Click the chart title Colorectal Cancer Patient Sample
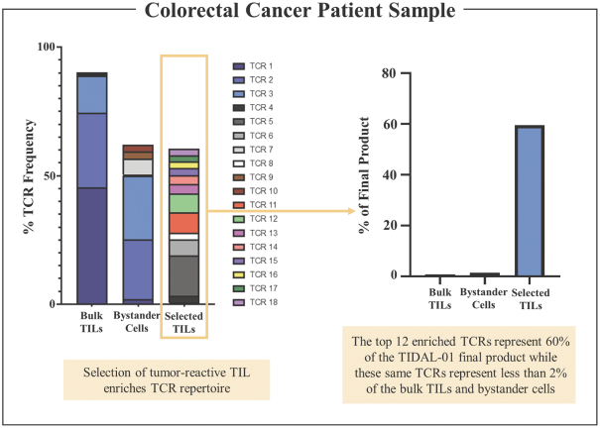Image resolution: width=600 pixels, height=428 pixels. tap(300, 12)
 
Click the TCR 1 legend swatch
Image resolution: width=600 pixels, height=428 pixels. tap(238, 65)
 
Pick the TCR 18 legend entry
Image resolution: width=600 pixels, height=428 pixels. tap(263, 300)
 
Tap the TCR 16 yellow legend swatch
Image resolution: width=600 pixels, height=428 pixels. tap(238, 272)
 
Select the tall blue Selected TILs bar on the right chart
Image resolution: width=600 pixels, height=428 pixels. tap(529, 200)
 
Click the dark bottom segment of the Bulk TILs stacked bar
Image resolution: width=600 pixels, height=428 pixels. tap(92, 245)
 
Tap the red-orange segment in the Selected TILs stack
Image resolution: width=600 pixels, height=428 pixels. tap(183, 223)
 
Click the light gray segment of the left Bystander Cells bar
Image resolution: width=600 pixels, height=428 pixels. tap(138, 167)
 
